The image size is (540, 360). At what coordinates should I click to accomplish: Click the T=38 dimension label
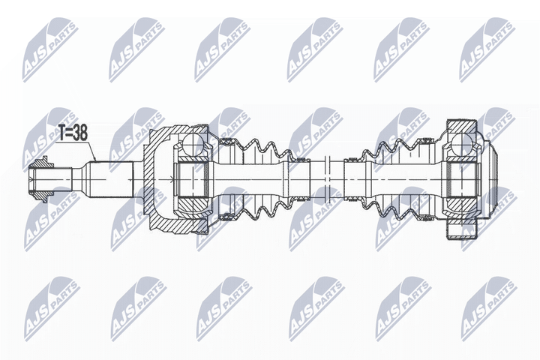pyautogui.click(x=72, y=133)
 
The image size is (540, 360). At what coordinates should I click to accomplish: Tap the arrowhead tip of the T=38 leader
pyautogui.click(x=95, y=161)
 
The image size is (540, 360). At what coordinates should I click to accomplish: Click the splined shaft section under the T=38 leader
pyautogui.click(x=109, y=179)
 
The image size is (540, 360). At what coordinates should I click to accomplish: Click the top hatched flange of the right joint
pyautogui.click(x=461, y=127)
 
